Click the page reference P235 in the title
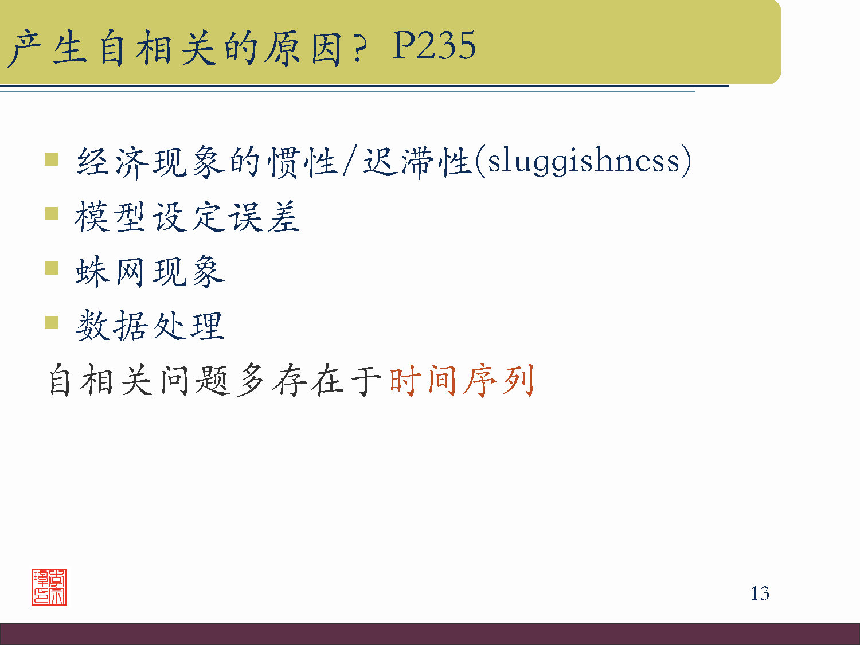click(x=434, y=46)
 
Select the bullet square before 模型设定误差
click(x=52, y=214)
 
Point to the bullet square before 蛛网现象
click(x=52, y=268)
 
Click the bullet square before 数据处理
click(x=52, y=322)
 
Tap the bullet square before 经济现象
click(x=52, y=159)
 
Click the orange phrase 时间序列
click(x=462, y=380)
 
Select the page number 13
click(x=760, y=593)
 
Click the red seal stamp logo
click(x=49, y=587)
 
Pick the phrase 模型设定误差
click(x=187, y=217)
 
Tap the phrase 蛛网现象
click(x=150, y=271)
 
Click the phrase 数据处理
click(x=150, y=326)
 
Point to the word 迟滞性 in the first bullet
click(x=417, y=162)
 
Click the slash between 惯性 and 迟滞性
click(x=349, y=162)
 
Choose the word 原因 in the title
click(x=303, y=48)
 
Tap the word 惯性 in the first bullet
click(x=303, y=162)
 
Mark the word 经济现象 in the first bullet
click(x=151, y=162)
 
